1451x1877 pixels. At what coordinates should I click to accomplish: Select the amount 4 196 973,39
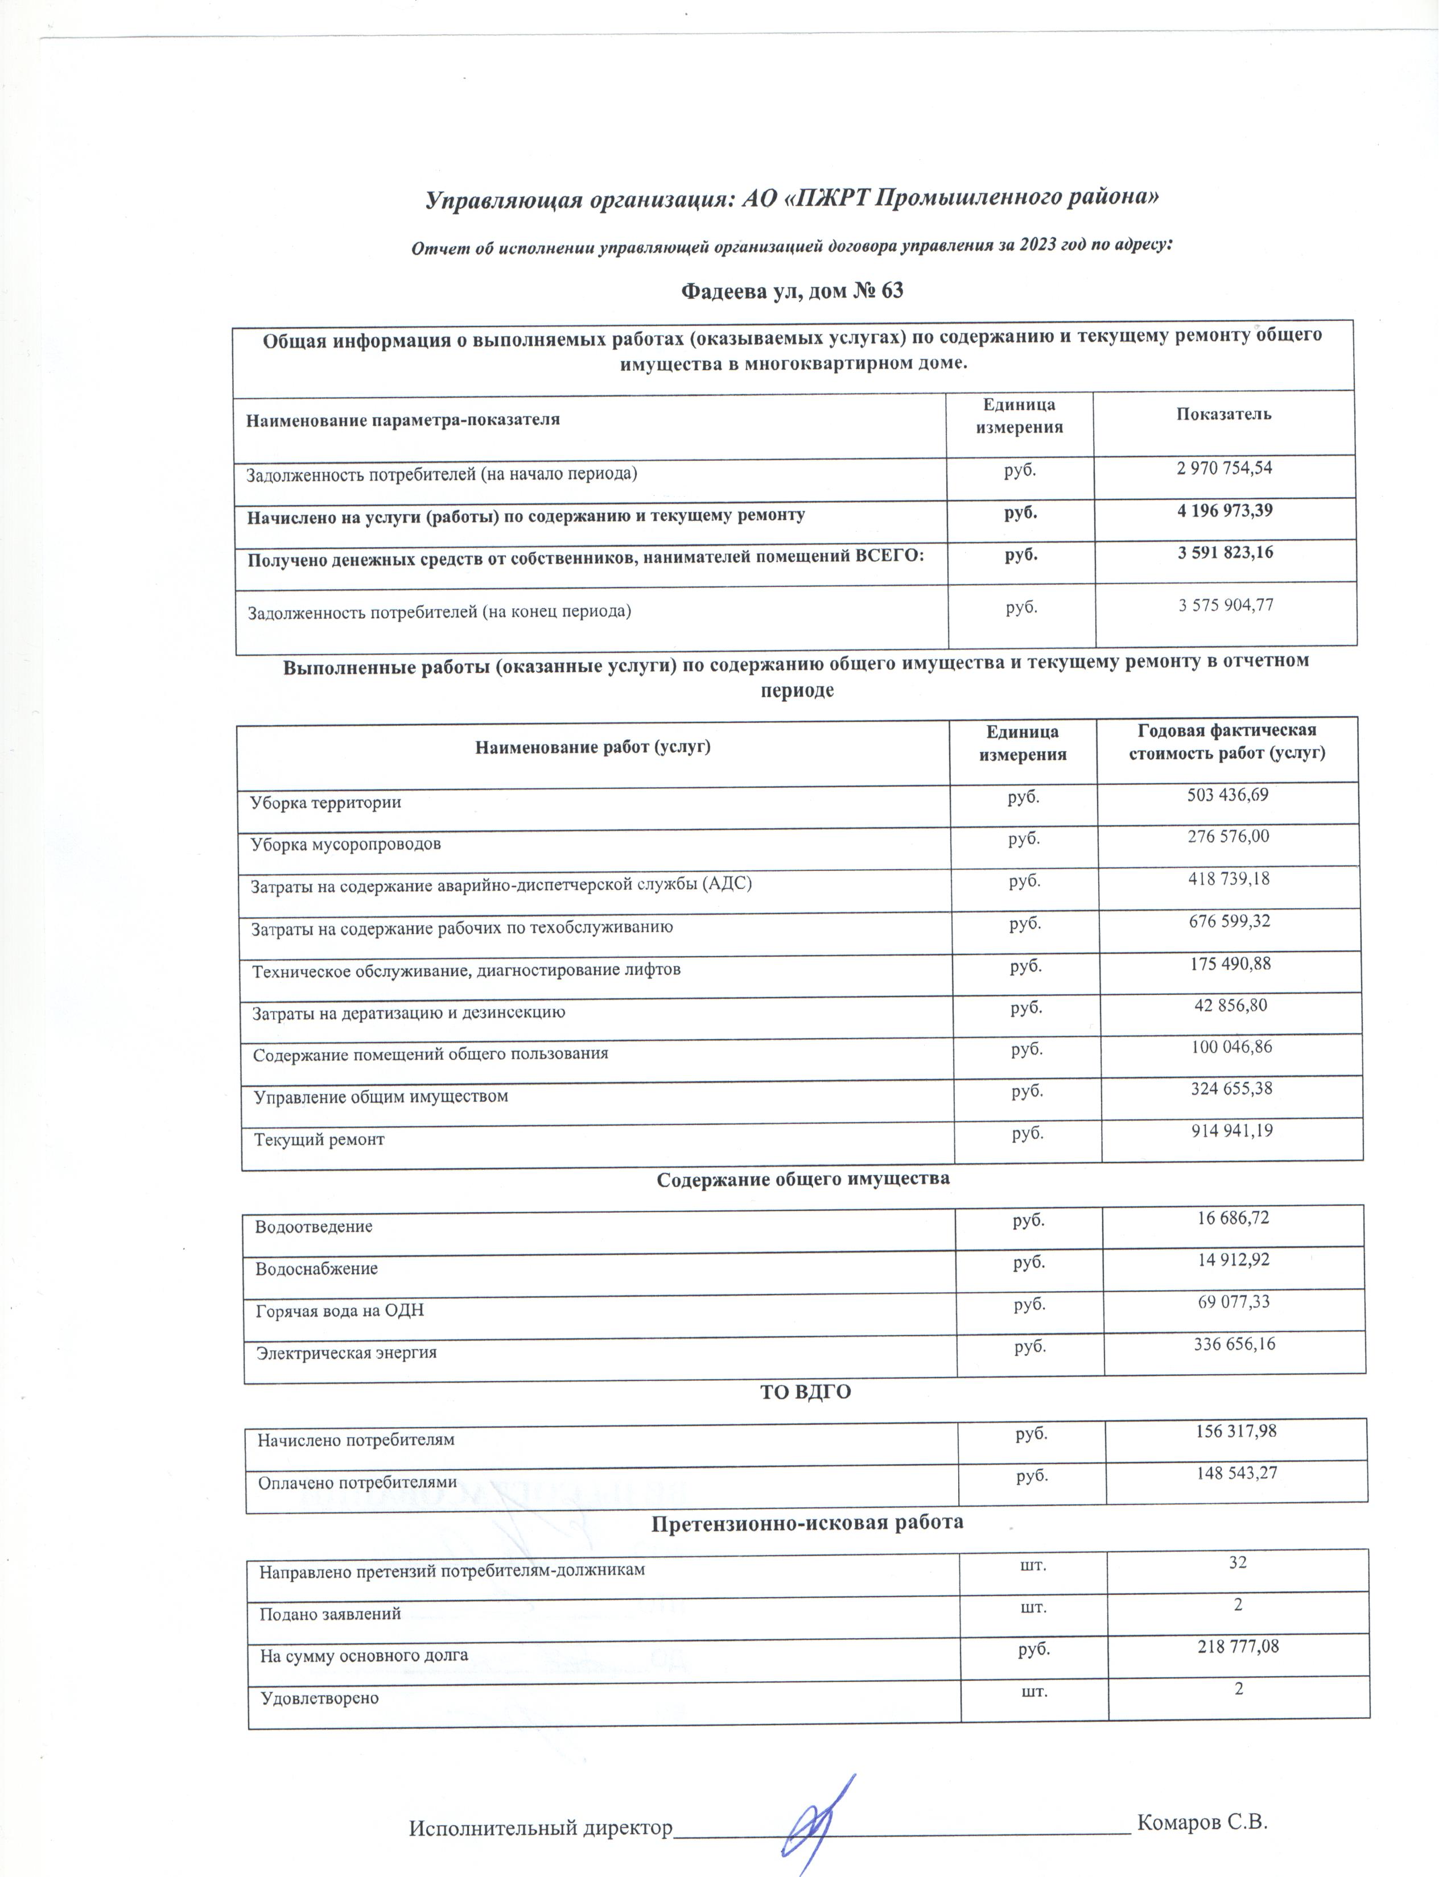coord(1225,511)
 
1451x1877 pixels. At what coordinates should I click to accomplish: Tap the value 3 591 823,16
coord(1225,553)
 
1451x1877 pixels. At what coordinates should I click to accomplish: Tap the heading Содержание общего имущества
coord(803,1179)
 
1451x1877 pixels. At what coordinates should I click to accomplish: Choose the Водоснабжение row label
coord(316,1268)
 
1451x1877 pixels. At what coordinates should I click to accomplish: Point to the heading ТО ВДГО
coord(805,1393)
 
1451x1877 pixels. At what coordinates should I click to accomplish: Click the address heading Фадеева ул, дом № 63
coord(792,291)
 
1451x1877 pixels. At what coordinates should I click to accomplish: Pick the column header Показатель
coord(1223,414)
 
